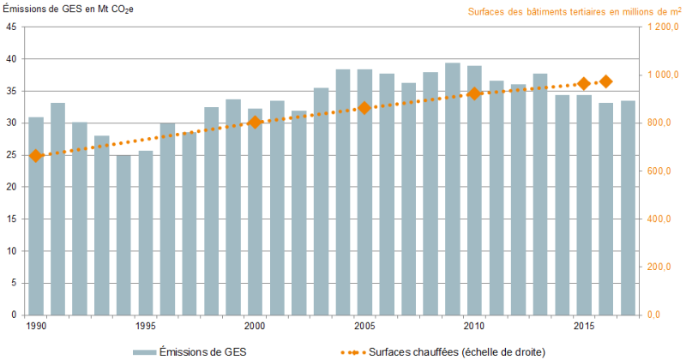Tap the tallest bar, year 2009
[x=453, y=189]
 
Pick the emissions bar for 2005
[x=364, y=192]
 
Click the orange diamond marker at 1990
[x=36, y=156]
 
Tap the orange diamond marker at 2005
[x=364, y=108]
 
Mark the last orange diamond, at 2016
[x=605, y=81]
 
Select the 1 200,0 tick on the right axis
[x=661, y=27]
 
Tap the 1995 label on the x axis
[x=145, y=326]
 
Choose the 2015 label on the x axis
[x=584, y=326]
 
